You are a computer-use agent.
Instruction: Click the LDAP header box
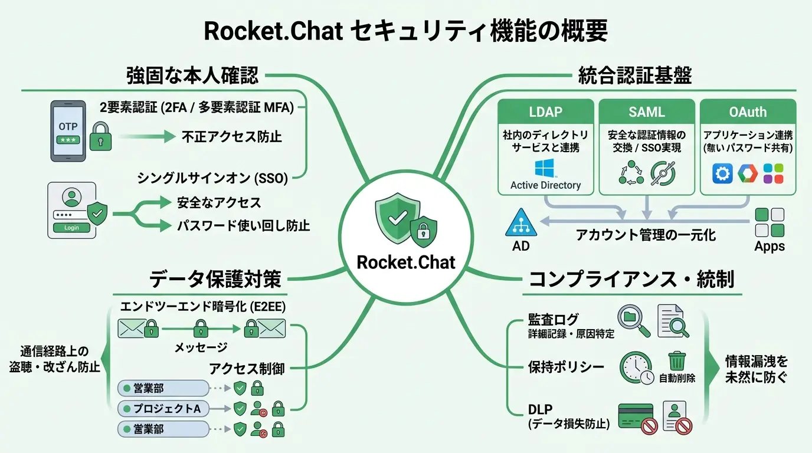[546, 111]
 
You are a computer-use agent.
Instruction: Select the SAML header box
[647, 111]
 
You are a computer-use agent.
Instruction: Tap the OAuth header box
[748, 111]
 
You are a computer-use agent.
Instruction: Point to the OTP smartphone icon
[67, 131]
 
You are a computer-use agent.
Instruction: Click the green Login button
[71, 228]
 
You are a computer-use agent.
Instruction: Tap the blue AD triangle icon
[521, 222]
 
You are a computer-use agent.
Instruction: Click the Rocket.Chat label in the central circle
[406, 262]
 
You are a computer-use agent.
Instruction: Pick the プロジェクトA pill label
[163, 408]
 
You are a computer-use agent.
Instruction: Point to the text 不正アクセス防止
[231, 137]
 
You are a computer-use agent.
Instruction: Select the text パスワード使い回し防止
[243, 226]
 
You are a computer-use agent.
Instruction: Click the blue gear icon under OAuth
[722, 174]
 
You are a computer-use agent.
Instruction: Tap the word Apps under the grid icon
[770, 246]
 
